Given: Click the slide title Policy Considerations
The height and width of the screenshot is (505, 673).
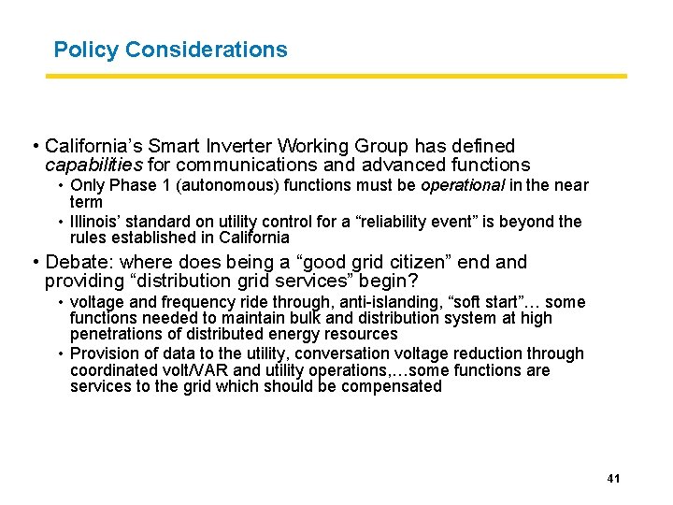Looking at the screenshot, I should pos(170,50).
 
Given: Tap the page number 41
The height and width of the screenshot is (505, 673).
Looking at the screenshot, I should pos(614,479).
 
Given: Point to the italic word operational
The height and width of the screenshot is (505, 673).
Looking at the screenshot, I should pos(462,185).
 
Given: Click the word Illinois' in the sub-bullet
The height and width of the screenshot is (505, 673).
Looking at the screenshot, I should pos(99,222).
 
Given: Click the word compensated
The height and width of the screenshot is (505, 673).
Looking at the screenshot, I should pos(388,386).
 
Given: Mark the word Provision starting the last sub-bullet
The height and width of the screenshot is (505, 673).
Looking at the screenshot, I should pos(102,353).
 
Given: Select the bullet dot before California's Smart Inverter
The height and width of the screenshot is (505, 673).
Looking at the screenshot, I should pos(35,147).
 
